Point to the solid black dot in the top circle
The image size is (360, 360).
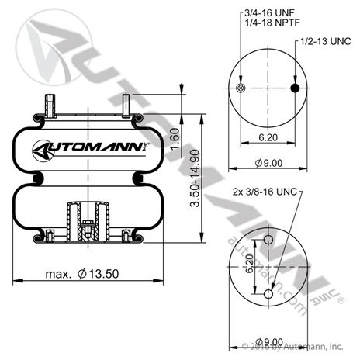[x=294, y=88]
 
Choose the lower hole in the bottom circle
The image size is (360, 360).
[x=268, y=293]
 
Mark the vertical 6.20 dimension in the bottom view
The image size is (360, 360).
[x=250, y=267]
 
